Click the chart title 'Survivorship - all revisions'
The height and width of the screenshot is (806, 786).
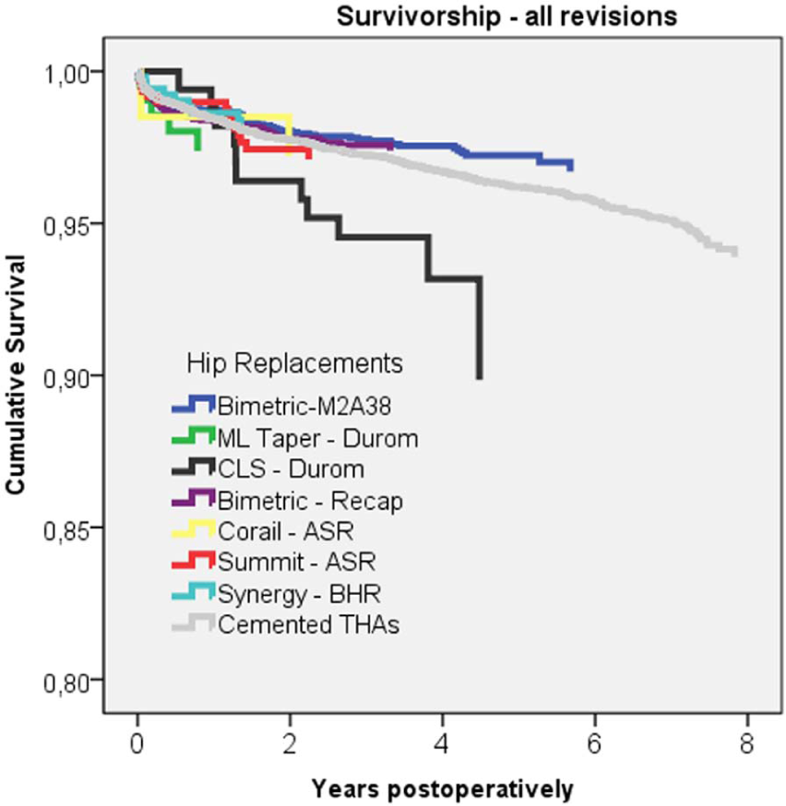506,16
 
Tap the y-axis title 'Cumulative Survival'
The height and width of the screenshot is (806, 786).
16,375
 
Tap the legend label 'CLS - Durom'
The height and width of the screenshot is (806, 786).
291,468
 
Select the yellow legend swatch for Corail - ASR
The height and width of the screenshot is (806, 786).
193,529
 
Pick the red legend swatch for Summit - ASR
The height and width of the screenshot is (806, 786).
193,561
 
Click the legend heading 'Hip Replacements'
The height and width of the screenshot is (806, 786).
294,363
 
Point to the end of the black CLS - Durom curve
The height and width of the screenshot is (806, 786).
479,378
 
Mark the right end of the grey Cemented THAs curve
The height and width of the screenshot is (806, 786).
736,253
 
